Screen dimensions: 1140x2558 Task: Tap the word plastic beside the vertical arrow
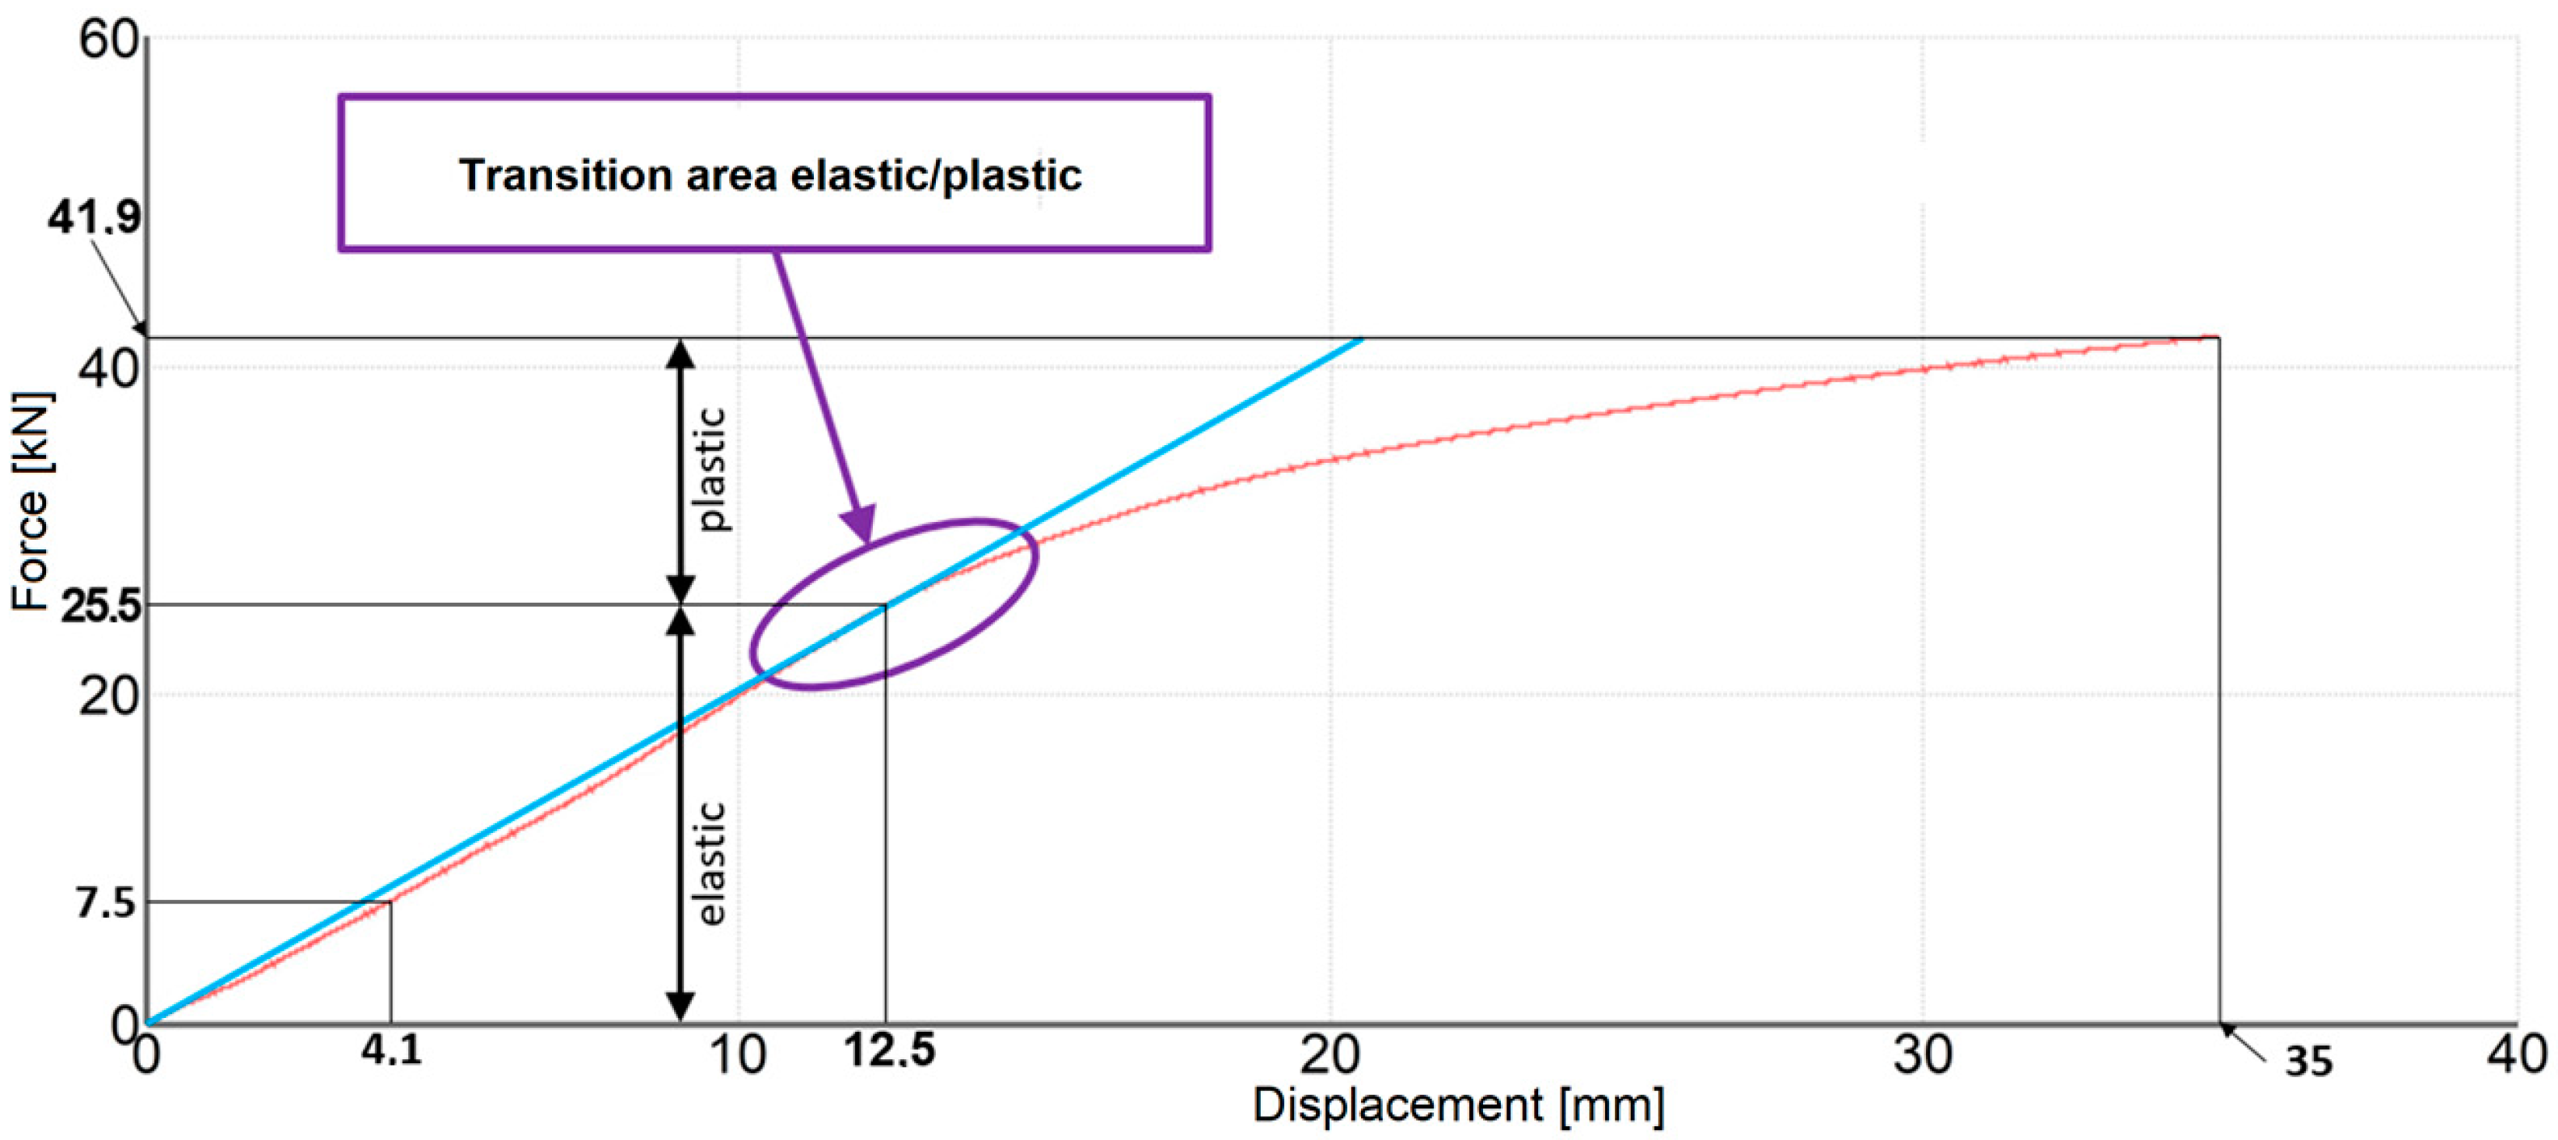[x=711, y=469]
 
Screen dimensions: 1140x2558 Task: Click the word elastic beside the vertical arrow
[x=711, y=864]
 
